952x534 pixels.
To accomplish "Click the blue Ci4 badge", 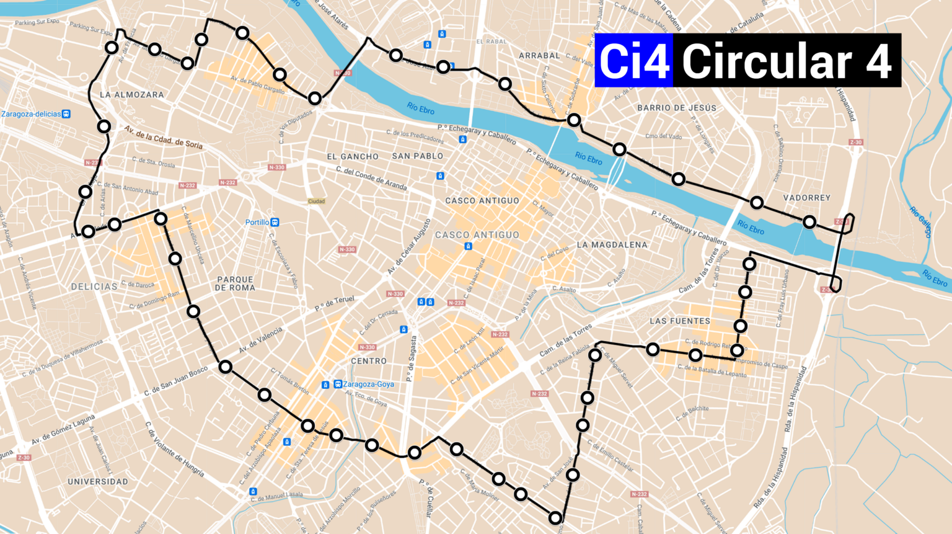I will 633,61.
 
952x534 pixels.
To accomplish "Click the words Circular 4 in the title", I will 786,61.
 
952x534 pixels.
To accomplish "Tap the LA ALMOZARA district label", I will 131,95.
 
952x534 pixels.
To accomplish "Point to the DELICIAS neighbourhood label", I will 94,287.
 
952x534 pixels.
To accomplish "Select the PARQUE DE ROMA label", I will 235,283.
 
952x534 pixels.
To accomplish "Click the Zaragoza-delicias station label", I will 32,114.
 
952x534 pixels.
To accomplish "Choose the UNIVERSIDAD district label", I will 98,481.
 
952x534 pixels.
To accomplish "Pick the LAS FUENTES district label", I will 680,321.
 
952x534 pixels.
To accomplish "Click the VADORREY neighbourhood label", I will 806,198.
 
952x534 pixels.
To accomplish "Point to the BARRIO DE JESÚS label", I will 677,108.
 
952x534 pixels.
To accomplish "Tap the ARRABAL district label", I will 539,56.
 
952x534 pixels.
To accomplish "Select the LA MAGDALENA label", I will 612,245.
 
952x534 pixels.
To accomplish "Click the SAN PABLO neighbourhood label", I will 417,156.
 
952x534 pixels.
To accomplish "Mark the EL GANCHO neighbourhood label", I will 353,157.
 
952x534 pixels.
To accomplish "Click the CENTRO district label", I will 369,361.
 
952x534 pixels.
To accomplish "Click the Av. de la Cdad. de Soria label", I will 163,137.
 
